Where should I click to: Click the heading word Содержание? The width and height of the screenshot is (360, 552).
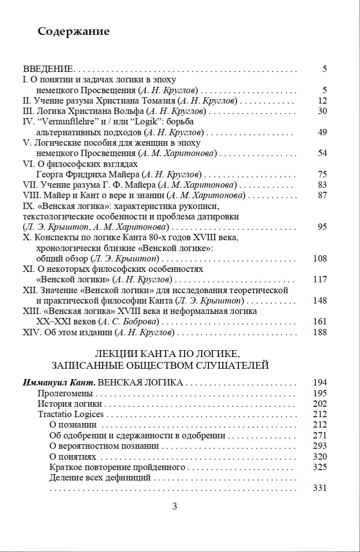74,31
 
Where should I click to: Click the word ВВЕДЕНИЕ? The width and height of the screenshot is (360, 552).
47,69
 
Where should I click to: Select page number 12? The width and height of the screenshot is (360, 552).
322,100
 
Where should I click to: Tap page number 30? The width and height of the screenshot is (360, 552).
322,111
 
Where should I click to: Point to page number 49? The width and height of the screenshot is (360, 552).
322,132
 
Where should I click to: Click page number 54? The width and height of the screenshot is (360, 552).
322,153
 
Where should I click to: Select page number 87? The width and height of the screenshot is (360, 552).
322,195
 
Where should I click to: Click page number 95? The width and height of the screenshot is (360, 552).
322,227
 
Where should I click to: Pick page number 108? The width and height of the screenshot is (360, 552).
320,259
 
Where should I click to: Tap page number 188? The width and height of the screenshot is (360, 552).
320,333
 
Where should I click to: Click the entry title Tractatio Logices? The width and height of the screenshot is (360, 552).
71,414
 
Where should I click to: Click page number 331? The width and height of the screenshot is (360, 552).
320,488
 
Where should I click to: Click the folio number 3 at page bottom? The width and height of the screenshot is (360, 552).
175,506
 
